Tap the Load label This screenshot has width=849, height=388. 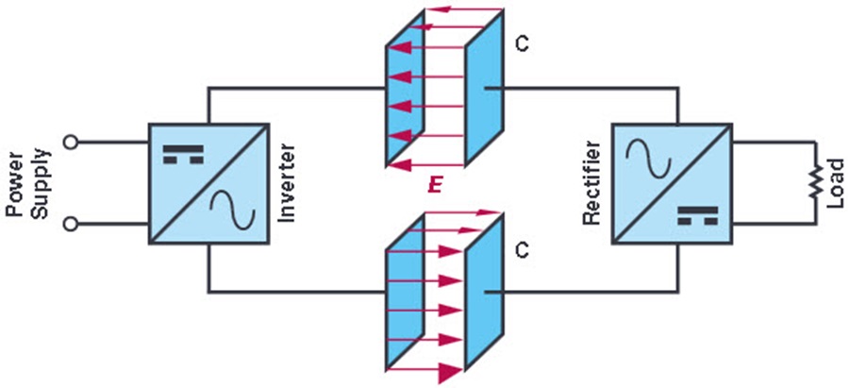(x=837, y=183)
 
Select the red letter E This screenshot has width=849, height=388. (x=435, y=186)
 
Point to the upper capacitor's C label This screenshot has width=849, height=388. (x=522, y=44)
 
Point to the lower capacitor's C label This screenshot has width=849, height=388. (x=522, y=251)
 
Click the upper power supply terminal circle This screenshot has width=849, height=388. (x=71, y=142)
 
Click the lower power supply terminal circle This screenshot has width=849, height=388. (x=71, y=224)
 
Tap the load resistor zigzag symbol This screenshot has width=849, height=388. (x=816, y=182)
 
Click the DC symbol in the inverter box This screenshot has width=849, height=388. (x=183, y=154)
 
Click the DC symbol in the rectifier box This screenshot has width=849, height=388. (x=697, y=215)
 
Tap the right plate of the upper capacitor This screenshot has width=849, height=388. (x=484, y=88)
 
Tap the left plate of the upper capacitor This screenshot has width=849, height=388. (x=405, y=88)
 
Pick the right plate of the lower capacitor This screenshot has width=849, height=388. (x=484, y=293)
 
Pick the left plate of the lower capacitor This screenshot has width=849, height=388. (x=405, y=293)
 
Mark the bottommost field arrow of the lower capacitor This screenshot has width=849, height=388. (x=425, y=370)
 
